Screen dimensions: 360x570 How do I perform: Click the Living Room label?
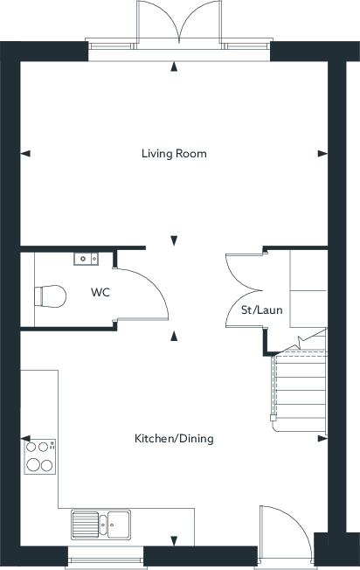pos(174,153)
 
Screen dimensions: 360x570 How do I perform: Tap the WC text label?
pos(100,292)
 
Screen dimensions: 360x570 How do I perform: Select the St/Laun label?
pos(261,310)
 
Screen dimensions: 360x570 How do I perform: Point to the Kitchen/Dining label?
pos(174,438)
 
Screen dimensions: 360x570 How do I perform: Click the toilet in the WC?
pos(50,295)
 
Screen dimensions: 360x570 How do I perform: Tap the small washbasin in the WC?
pos(87,259)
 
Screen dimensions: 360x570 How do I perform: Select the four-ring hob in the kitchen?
pos(40,456)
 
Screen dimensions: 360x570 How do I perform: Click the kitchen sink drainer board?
pos(85,525)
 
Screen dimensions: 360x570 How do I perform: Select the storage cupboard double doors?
pos(244,290)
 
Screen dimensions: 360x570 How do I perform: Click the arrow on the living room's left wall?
pos(25,154)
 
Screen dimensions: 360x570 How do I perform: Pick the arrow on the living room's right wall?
pos(322,154)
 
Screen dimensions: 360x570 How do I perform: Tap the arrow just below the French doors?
pos(174,66)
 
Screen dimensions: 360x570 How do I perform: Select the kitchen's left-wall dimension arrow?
pos(25,438)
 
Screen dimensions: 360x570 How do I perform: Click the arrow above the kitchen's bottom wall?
pos(174,540)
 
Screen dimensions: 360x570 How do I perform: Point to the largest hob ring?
pos(33,464)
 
